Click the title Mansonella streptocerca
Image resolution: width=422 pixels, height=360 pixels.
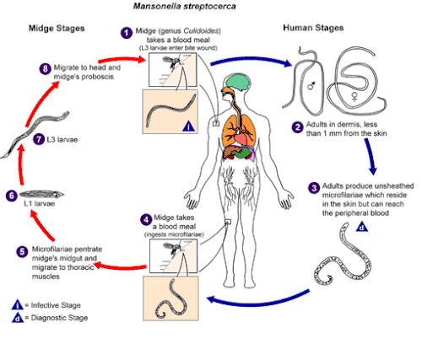tap(185, 6)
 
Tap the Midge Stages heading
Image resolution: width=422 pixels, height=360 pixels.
tap(57, 28)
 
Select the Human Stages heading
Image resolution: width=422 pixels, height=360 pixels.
tap(313, 28)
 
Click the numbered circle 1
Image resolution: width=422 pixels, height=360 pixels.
tap(127, 33)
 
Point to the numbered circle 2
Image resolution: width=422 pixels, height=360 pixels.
tap(297, 127)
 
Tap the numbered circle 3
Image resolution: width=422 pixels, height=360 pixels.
tap(314, 188)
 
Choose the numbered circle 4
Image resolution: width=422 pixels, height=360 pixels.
tap(146, 219)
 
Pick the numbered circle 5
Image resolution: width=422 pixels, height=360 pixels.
tap(22, 251)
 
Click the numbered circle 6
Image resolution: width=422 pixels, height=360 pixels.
tap(11, 196)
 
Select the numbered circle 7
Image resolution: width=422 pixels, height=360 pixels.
tap(39, 139)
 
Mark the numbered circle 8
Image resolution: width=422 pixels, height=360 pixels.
tap(45, 68)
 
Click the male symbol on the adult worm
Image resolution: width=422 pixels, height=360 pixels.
tap(311, 85)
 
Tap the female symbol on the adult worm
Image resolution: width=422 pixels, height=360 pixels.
tap(354, 97)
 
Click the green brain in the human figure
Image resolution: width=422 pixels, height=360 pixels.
tap(238, 82)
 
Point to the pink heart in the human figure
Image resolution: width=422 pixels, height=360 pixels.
tap(241, 138)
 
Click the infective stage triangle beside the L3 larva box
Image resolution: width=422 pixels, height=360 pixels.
tap(188, 126)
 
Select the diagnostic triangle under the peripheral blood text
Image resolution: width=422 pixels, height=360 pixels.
tap(362, 227)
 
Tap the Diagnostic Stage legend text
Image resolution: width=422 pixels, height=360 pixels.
tap(59, 318)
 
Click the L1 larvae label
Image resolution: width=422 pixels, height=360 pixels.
tap(40, 203)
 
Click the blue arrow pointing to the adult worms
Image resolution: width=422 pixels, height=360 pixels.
tap(252, 60)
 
